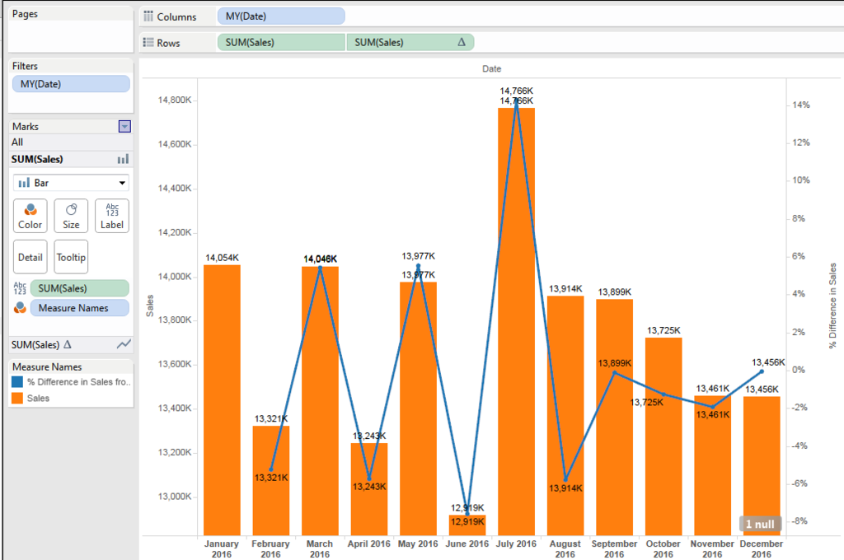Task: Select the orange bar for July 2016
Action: (516, 321)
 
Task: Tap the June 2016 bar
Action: (467, 525)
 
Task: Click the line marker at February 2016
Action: (271, 469)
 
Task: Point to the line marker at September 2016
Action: (615, 373)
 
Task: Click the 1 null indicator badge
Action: (759, 524)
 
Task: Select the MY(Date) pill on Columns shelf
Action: (281, 16)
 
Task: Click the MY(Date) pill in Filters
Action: (71, 84)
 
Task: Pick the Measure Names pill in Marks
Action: (79, 308)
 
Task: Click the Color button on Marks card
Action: (30, 216)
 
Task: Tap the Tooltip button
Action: (71, 257)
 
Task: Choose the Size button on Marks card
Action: (71, 216)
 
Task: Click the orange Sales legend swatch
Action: (17, 398)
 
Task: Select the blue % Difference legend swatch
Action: (17, 382)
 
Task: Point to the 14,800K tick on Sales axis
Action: (174, 100)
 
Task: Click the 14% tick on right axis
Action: (801, 105)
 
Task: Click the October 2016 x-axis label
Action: (663, 548)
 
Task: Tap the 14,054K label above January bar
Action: (222, 259)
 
